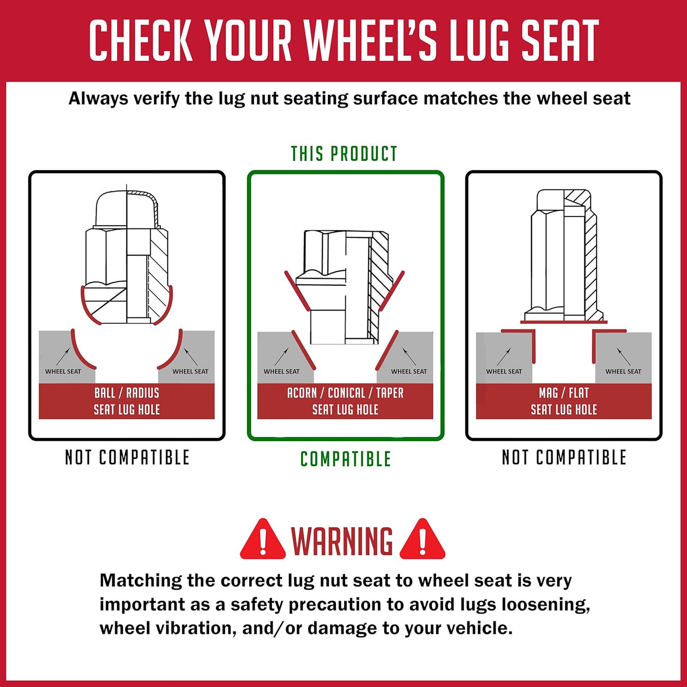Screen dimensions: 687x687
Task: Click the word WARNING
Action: pyautogui.click(x=342, y=541)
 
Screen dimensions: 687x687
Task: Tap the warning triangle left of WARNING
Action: pyautogui.click(x=263, y=540)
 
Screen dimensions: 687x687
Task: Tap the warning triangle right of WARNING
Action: pyautogui.click(x=422, y=540)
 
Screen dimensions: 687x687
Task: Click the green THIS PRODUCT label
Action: pyautogui.click(x=344, y=154)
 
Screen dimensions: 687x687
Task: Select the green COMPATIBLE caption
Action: pyautogui.click(x=346, y=459)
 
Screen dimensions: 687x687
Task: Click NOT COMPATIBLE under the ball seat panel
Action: pyautogui.click(x=127, y=457)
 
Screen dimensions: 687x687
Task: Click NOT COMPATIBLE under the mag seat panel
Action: pyautogui.click(x=564, y=457)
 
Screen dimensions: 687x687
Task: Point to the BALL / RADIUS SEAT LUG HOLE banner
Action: pyautogui.click(x=127, y=401)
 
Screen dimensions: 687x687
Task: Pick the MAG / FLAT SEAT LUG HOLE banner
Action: pyautogui.click(x=564, y=401)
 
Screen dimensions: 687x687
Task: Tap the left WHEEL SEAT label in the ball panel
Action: pyautogui.click(x=63, y=371)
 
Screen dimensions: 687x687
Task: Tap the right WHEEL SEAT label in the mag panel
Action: pyautogui.click(x=623, y=371)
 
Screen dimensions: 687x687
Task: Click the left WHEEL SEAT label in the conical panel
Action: pyautogui.click(x=282, y=371)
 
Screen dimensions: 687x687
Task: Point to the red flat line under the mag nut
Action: pyautogui.click(x=564, y=322)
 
